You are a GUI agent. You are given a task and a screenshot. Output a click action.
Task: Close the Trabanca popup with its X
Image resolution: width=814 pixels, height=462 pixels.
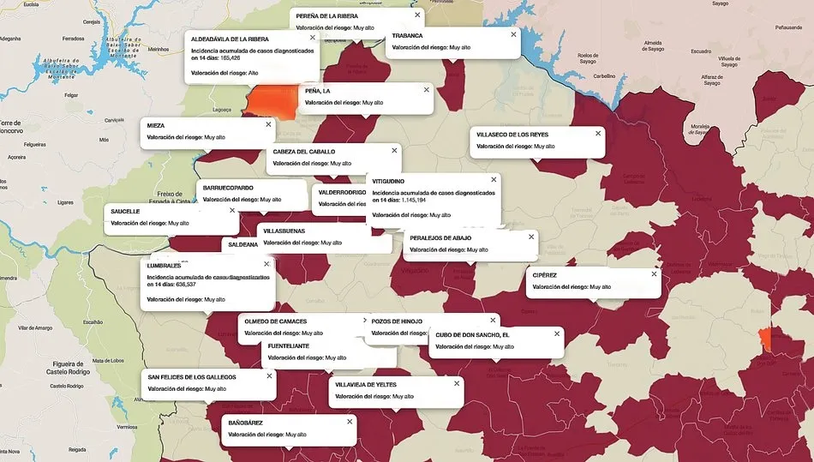pos(514,35)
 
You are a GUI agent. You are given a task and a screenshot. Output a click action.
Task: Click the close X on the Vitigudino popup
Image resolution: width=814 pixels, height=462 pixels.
pos(494,180)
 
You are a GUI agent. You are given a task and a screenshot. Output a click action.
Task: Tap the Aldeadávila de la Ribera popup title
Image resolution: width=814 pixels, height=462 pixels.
pos(230,39)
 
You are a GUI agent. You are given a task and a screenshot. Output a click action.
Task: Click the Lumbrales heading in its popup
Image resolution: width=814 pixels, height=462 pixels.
pos(165,266)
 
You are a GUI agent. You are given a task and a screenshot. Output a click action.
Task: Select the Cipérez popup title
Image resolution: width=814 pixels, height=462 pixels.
pos(545,275)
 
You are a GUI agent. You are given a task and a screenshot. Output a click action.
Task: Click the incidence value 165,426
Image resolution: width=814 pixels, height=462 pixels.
pos(230,58)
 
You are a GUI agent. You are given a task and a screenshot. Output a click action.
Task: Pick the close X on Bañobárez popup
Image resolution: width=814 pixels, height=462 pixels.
pos(350,421)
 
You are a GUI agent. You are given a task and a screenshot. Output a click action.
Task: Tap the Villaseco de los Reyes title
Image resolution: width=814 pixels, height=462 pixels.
pos(512,135)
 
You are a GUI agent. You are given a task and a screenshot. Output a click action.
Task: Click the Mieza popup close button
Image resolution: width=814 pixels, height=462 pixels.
pos(268,124)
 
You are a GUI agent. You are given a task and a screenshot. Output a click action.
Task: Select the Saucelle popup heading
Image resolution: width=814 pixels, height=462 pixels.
pos(125,211)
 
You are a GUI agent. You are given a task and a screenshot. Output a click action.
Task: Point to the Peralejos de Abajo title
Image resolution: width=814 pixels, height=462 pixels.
pos(440,237)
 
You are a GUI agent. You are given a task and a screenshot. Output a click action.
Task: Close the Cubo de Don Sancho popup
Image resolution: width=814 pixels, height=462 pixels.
pos(557,333)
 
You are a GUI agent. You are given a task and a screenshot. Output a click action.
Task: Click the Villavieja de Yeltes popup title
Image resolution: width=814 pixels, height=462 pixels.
pos(366,384)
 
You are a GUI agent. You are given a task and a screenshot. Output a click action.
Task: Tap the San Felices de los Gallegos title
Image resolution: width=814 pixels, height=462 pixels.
pos(192,376)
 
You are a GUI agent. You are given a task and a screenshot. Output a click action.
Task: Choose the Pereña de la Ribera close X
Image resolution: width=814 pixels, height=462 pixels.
pos(417,15)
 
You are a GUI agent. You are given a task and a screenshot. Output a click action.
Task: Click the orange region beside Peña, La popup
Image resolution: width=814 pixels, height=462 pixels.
pos(271,101)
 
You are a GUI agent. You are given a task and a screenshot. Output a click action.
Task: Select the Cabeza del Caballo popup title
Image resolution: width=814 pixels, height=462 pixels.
pos(304,152)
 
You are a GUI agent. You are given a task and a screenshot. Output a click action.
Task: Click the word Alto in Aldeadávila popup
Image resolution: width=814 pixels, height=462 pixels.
pos(253,73)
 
